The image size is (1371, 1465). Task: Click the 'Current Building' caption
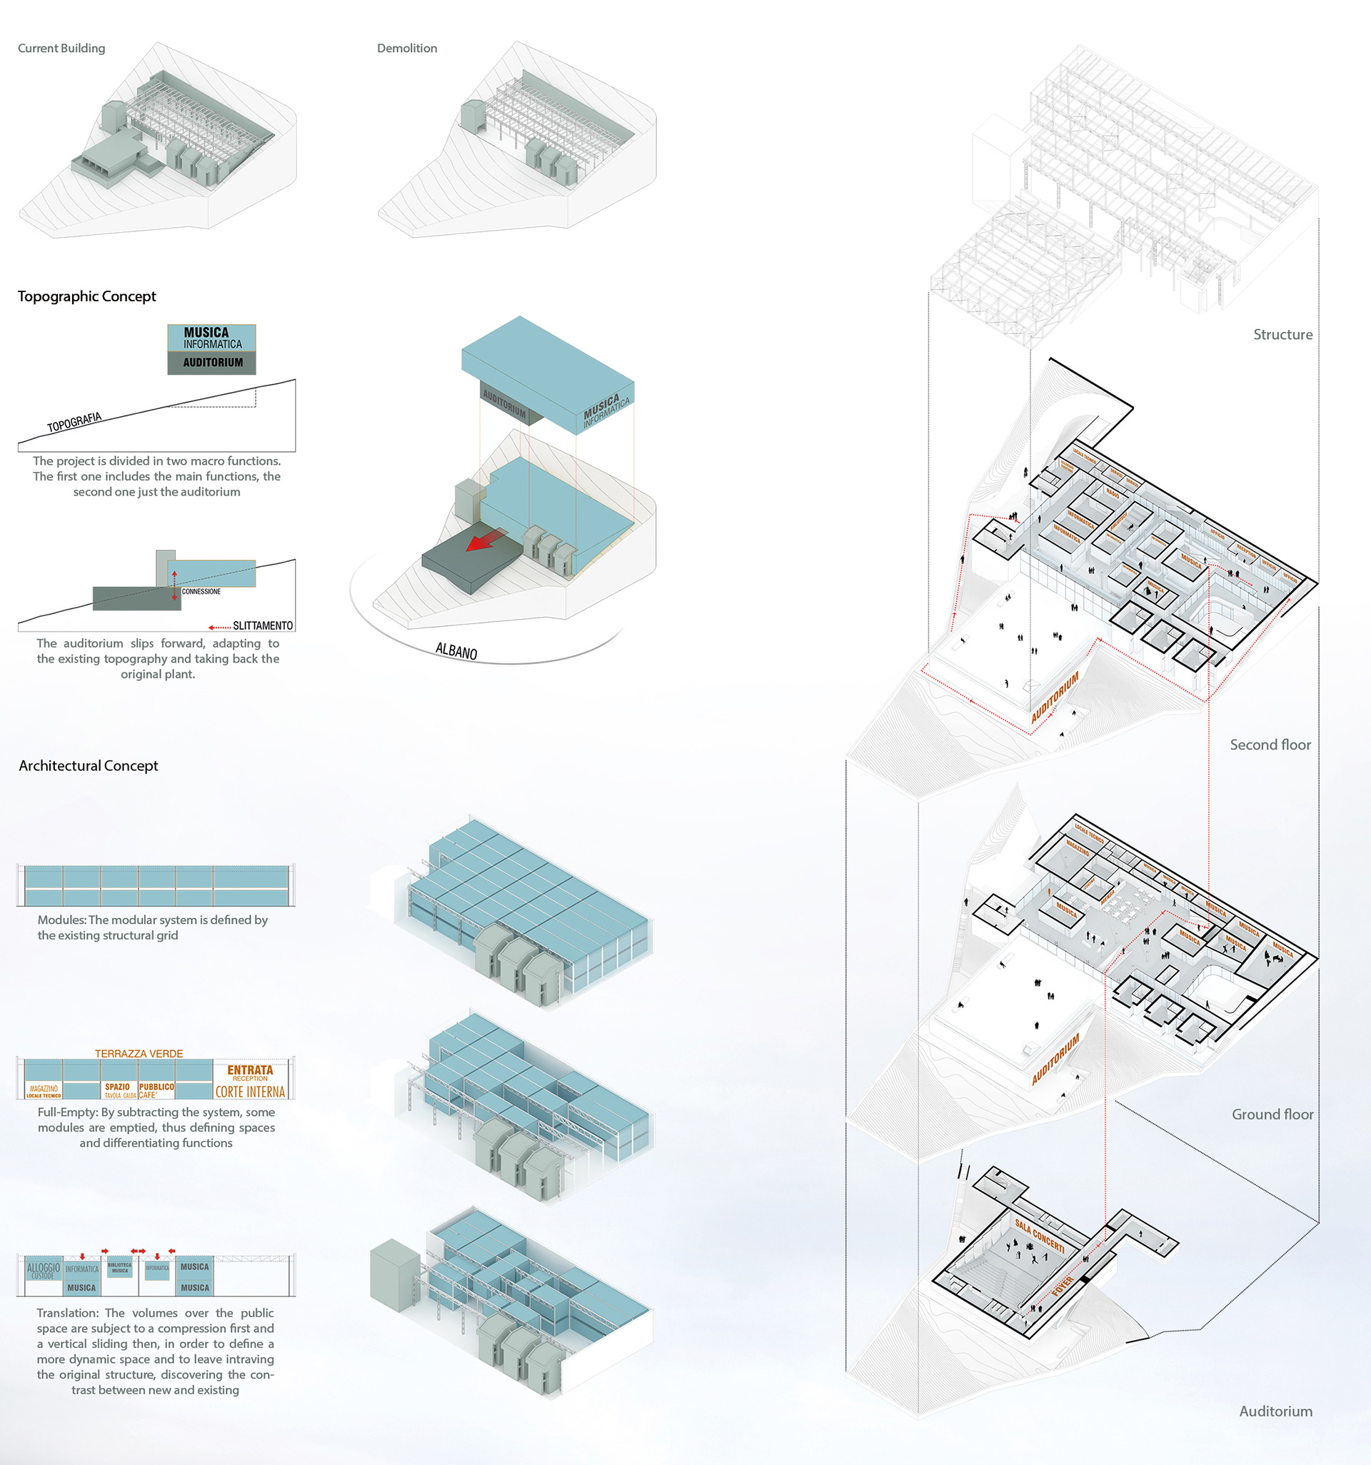pos(61,48)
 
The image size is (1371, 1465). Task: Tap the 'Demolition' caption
pos(407,48)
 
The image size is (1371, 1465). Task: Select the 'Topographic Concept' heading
pos(87,296)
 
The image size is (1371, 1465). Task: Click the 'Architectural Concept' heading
pos(89,765)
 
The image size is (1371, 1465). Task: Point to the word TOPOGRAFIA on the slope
pos(74,422)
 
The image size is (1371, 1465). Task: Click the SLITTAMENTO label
pos(262,625)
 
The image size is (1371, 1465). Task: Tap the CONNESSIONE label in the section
pos(201,591)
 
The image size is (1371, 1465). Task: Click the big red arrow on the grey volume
pos(486,540)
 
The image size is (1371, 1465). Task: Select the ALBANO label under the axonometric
pos(456,650)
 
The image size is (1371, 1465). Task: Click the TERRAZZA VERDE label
pos(139,1054)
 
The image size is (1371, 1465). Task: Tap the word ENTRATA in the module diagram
pos(250,1069)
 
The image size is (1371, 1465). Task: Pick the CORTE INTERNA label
pos(250,1092)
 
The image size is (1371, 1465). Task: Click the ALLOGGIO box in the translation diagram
pos(43,1271)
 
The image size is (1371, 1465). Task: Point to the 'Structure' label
pos(1282,335)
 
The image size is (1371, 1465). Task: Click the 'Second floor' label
pos(1270,745)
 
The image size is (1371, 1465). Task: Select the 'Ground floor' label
pos(1272,1114)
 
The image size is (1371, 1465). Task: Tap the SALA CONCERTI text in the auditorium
pos(1039,1236)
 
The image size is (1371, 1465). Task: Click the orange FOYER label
pos(1062,1286)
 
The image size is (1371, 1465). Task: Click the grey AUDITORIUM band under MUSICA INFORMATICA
pos(212,363)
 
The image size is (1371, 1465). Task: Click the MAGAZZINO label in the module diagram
pos(44,1089)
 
